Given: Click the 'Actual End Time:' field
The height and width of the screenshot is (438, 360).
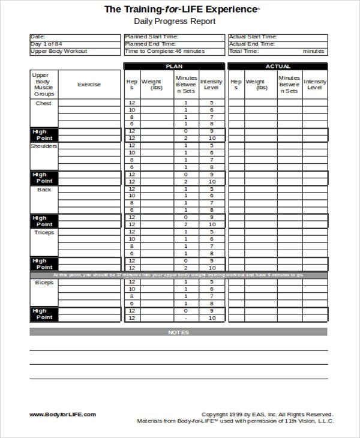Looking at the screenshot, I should pos(253,44).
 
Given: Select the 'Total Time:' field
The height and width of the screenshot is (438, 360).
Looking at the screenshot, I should pos(243,52).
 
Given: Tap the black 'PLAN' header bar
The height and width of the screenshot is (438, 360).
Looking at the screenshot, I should pos(175,67).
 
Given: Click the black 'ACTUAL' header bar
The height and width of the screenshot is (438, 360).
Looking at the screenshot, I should pos(277,67).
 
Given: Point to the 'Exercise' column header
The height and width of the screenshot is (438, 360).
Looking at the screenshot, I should pos(89,85).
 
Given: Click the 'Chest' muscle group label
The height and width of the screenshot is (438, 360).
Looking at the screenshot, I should pos(44,103).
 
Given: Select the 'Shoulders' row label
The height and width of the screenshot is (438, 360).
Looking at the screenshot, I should pos(44,146).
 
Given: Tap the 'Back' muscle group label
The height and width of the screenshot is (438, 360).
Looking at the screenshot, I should pos(44,189).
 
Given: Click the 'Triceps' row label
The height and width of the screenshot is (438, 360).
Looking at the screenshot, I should pos(44,232).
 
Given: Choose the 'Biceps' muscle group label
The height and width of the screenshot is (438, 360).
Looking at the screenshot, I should pos(44,282).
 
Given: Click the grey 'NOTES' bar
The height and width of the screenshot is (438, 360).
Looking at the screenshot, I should pos(178,332).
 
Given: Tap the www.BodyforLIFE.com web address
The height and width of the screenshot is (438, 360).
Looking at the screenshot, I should pos(62,415).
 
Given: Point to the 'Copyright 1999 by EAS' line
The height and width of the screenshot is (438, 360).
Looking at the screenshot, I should pos(266,415).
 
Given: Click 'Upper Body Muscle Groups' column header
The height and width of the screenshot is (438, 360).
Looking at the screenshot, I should pos(44,85).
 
